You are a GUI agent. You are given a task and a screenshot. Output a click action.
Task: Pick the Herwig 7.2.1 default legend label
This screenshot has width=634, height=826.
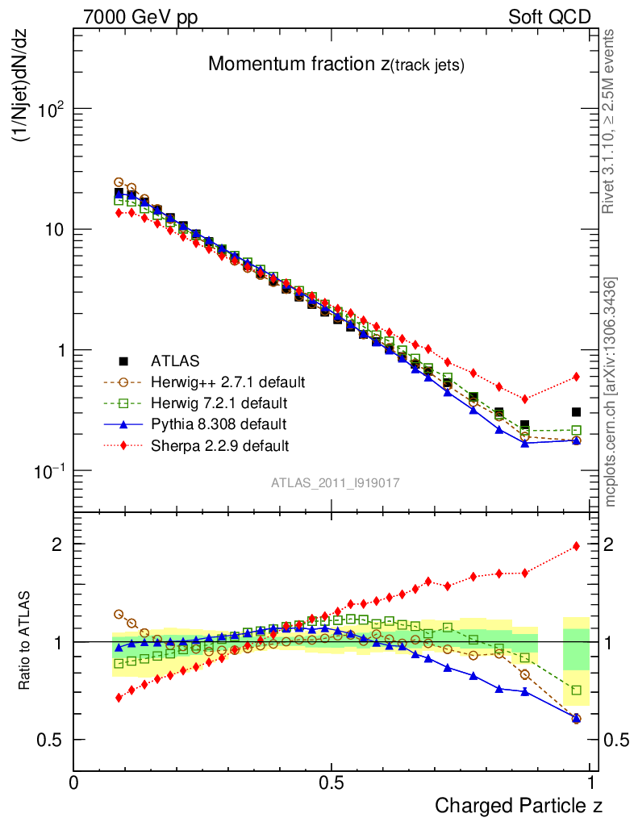pos(220,402)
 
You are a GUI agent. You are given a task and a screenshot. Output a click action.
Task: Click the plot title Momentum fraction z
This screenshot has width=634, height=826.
pos(336,65)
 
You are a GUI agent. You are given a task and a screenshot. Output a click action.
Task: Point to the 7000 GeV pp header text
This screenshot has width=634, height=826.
pos(140,17)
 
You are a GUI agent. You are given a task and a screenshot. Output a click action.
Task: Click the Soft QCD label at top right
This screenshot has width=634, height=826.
pos(549,17)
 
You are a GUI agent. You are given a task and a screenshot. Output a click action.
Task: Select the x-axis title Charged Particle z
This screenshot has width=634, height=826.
pos(519,805)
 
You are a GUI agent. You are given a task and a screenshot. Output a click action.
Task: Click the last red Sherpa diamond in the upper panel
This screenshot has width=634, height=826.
pos(576,377)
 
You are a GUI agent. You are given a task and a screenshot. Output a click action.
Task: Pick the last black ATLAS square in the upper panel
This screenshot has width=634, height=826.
pos(576,412)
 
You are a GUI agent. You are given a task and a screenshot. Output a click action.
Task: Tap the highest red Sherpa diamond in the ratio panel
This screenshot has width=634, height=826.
pos(576,546)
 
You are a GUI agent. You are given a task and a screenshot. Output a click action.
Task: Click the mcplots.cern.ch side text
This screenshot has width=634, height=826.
pos(611,392)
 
